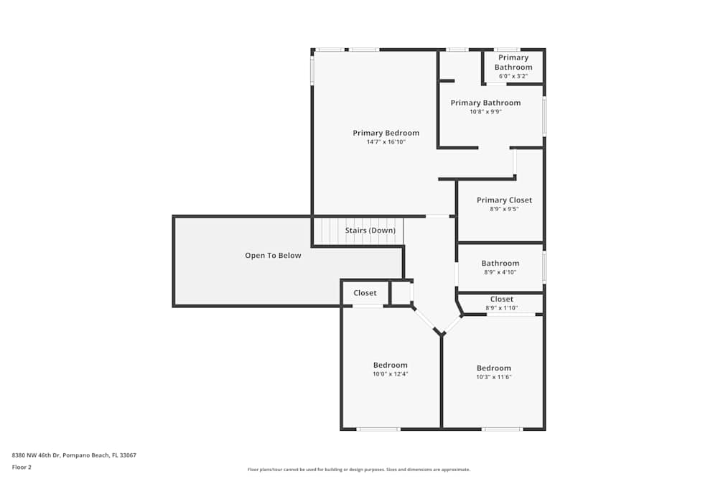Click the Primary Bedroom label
pyautogui.click(x=386, y=134)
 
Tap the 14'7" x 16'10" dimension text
pyautogui.click(x=386, y=142)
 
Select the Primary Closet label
pyautogui.click(x=504, y=200)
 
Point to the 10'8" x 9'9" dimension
pyautogui.click(x=486, y=112)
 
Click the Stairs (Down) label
pyautogui.click(x=370, y=231)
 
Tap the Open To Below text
pyautogui.click(x=273, y=256)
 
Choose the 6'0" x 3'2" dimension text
pyautogui.click(x=513, y=76)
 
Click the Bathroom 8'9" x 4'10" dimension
pyautogui.click(x=500, y=272)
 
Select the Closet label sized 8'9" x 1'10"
pyautogui.click(x=501, y=299)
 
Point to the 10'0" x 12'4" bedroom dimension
pyautogui.click(x=390, y=374)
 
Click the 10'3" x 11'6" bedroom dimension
pyautogui.click(x=494, y=377)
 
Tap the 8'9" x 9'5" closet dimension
pyautogui.click(x=504, y=209)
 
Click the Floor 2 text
pyautogui.click(x=22, y=468)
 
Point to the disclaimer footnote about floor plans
pyautogui.click(x=359, y=470)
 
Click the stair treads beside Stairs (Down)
pyautogui.click(x=329, y=231)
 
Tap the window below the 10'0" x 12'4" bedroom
pyautogui.click(x=378, y=429)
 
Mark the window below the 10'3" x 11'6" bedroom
pyautogui.click(x=503, y=429)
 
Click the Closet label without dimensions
pyautogui.click(x=365, y=293)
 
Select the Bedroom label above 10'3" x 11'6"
pyautogui.click(x=494, y=368)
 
